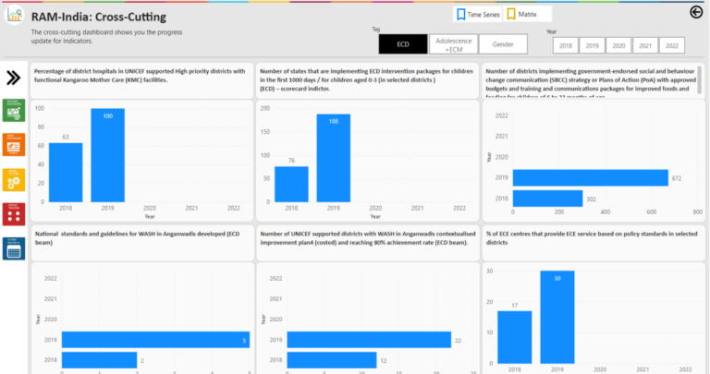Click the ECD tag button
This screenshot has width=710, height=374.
[403, 43]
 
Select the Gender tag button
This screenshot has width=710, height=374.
[503, 43]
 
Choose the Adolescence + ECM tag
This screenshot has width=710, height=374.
[453, 43]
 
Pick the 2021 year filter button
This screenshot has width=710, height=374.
[645, 45]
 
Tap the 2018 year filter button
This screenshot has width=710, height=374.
[566, 45]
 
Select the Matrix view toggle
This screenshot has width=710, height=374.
[529, 14]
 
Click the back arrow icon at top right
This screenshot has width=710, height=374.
[696, 12]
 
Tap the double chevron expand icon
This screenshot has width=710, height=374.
[14, 78]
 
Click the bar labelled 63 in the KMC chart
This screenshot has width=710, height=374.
[66, 172]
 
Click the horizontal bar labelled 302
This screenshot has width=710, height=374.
[547, 199]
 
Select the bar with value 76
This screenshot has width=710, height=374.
[291, 184]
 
